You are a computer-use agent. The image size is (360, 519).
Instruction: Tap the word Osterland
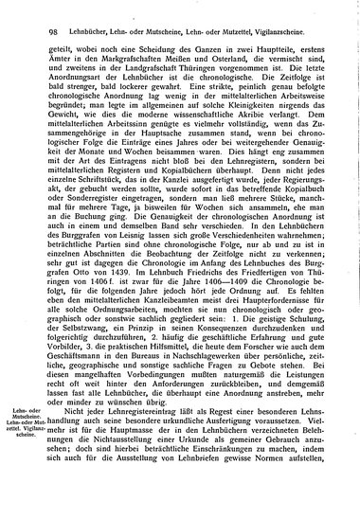[x=205, y=49]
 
